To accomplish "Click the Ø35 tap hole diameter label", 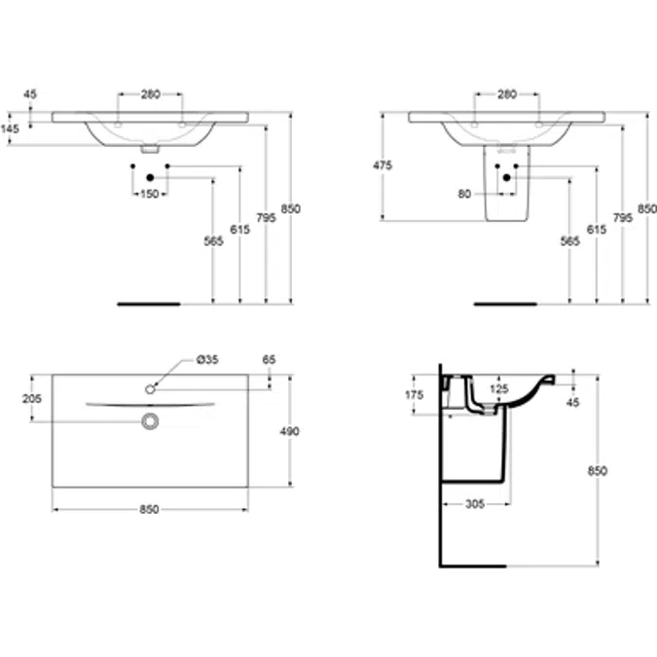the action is pos(207,359).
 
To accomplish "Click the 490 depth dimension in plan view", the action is pos(289,431).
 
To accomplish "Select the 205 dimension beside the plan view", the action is pos(32,398).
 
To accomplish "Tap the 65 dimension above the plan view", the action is pos(269,359).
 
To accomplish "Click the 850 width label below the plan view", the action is pos(149,509).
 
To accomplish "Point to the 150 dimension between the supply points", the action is pos(150,194).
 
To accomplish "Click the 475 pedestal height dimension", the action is pos(383,165).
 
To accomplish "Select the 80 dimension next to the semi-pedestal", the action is pos(464,194).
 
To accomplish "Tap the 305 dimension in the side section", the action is pos(475,503).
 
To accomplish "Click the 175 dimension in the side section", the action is pos(415,395).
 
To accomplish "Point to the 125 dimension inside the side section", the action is pos(499,388).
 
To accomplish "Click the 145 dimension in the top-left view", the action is pos(10,128).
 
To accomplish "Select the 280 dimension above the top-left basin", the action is pos(151,94).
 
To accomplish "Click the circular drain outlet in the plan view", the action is pos(150,421).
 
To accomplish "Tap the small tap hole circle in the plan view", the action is pos(150,389).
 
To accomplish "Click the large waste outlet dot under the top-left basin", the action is pos(151,178).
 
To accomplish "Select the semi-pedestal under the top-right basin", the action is pos(506,183).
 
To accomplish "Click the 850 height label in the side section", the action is pos(597,471).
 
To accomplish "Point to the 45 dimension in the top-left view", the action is pos(30,94).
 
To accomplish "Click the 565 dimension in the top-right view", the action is pos(570,241).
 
